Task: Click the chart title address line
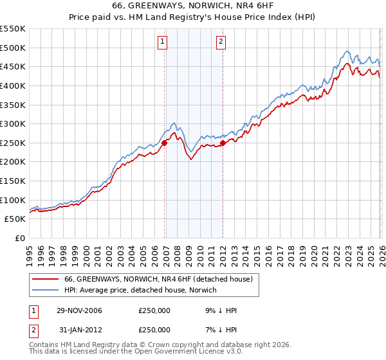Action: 192,6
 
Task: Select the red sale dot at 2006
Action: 165,143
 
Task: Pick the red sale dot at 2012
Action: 223,143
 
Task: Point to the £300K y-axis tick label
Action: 13,123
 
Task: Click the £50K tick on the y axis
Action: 15,219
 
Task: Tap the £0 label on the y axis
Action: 19,239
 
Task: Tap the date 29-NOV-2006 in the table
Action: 79,310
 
